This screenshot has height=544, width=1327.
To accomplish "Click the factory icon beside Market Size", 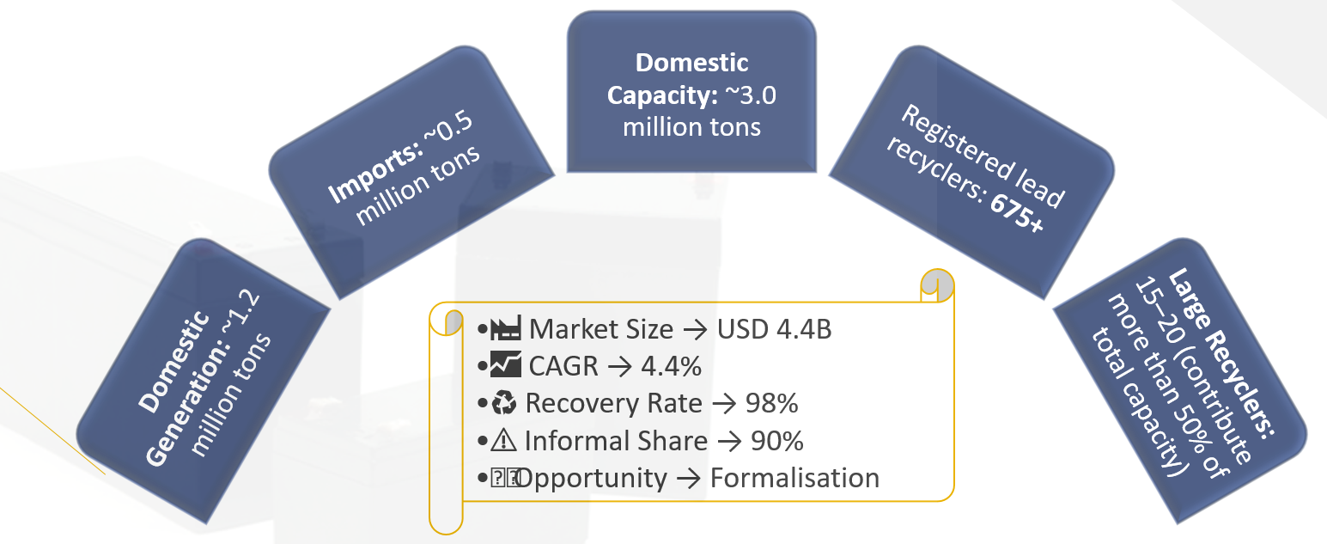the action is click(506, 328).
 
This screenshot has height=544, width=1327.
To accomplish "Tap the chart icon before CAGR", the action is click(505, 365).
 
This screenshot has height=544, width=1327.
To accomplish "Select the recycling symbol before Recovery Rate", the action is click(504, 402).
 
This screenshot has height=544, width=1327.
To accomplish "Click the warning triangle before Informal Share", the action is click(503, 440).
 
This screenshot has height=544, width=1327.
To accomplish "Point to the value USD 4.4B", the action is click(774, 329).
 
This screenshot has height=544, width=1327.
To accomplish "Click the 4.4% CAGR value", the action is click(671, 366).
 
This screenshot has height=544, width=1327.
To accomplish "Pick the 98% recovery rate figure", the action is click(771, 404).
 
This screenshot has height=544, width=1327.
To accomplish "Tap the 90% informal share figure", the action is click(777, 441).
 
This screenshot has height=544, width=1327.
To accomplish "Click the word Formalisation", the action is click(795, 478).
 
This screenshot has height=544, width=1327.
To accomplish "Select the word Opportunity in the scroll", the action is click(592, 479).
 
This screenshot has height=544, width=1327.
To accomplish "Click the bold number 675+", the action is click(1016, 213).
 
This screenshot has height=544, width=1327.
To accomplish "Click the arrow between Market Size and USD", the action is click(695, 330).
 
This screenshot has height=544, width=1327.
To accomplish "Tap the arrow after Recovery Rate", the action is click(724, 404).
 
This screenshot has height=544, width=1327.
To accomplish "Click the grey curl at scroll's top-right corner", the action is click(938, 284).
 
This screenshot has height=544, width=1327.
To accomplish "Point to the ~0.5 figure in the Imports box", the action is click(449, 128).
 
